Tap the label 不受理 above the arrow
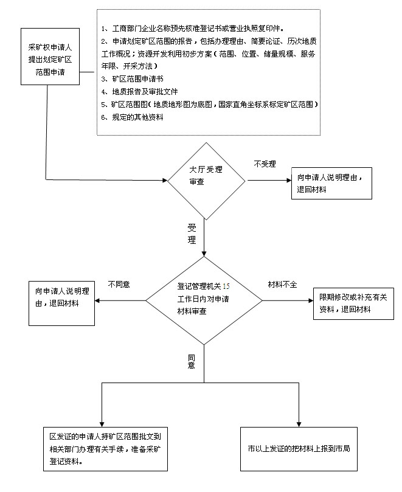265,164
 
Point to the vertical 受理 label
192,234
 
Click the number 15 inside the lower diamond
226,286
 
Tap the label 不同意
119,285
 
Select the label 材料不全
282,285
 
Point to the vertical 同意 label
192,361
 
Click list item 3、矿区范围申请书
132,79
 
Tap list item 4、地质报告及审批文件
139,92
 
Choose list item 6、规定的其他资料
132,117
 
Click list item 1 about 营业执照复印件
193,29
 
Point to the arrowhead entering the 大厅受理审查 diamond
165,181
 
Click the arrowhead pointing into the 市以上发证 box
299,424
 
